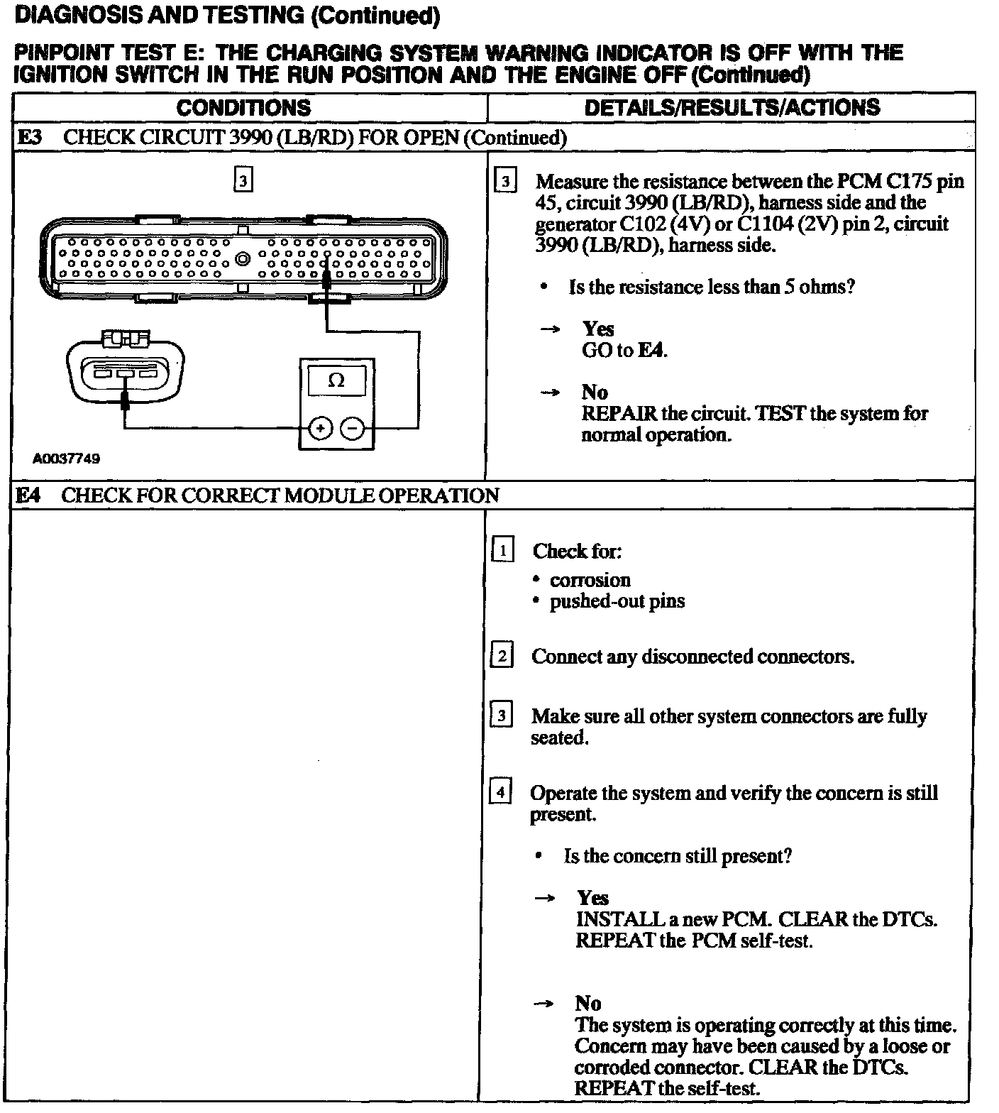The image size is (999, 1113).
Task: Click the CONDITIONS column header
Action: (x=243, y=108)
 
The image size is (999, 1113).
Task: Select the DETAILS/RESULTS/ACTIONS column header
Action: (x=732, y=108)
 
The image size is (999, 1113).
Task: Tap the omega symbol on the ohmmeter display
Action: (x=337, y=381)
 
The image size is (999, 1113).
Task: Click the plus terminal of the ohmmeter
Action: (x=321, y=429)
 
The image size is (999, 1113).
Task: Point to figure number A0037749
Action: (x=67, y=459)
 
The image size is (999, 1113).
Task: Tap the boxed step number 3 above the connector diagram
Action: (x=243, y=181)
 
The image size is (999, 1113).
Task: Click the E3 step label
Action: (x=30, y=138)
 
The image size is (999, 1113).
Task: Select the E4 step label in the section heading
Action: (x=28, y=495)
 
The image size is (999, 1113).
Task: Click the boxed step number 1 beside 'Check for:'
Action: (x=502, y=551)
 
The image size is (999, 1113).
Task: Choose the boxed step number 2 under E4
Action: (x=501, y=656)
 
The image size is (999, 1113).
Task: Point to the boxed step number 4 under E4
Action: (x=500, y=792)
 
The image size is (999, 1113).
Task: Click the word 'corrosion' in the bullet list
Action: (x=590, y=580)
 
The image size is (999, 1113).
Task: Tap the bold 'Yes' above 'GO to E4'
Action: (x=598, y=329)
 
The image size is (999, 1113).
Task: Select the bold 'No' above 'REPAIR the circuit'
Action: (x=595, y=392)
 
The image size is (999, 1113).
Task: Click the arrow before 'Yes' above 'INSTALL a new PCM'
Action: (x=544, y=899)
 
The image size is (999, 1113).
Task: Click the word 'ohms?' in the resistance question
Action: (x=831, y=287)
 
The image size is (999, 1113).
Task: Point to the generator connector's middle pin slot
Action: (x=126, y=373)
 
